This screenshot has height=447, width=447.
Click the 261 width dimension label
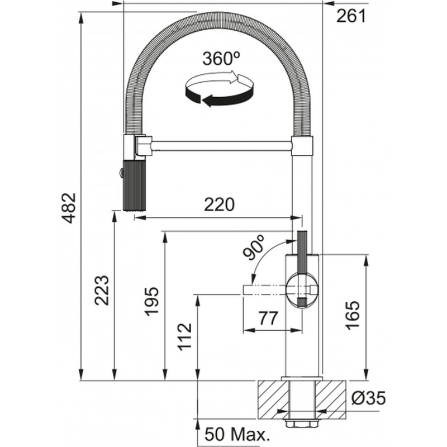point(350,17)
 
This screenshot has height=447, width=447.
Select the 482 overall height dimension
point(68,208)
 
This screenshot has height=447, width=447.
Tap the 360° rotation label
point(221,59)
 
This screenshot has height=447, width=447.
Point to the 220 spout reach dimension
point(218,205)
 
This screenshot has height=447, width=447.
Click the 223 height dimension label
point(102,291)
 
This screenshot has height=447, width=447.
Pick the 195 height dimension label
point(152,302)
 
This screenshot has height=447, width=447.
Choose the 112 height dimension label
point(184,337)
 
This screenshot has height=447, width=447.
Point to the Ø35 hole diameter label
point(369,398)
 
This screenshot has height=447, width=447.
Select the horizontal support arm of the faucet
point(221,146)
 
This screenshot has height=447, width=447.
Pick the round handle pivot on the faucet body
point(302,289)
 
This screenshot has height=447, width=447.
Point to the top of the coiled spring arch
point(218,18)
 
